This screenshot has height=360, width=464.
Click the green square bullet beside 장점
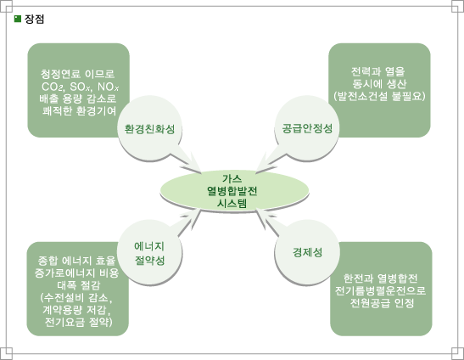click(x=18, y=19)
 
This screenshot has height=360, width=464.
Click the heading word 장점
click(x=34, y=20)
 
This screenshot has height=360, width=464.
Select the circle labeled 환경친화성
click(x=150, y=128)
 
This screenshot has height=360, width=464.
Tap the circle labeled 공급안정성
click(x=307, y=128)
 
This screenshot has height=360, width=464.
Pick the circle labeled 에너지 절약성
click(x=150, y=252)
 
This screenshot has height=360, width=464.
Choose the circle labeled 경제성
click(x=307, y=252)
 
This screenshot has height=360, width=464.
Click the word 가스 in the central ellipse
click(x=232, y=178)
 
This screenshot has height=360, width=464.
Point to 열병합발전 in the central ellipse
click(x=232, y=191)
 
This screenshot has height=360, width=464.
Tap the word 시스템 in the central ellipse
click(x=232, y=203)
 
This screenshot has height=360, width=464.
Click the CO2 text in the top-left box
click(x=53, y=87)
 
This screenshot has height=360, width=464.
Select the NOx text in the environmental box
click(x=108, y=87)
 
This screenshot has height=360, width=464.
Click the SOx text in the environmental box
click(x=81, y=87)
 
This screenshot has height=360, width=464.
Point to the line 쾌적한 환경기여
click(x=79, y=111)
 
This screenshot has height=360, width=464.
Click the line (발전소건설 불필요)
click(x=379, y=96)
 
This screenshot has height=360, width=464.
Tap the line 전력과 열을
click(x=378, y=71)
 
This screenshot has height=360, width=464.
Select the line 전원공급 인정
click(x=382, y=303)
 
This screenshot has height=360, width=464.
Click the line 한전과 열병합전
click(x=380, y=278)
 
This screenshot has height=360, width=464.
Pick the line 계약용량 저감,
click(x=78, y=310)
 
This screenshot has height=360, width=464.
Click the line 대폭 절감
click(x=78, y=285)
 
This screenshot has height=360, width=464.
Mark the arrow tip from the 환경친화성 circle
click(x=201, y=172)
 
